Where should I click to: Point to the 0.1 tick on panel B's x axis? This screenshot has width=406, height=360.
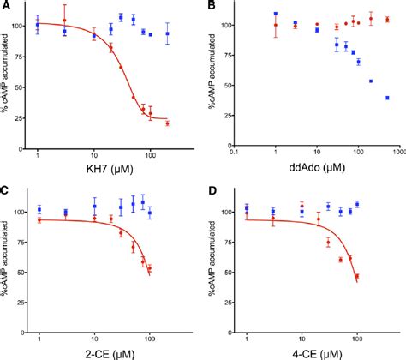click(x=233, y=154)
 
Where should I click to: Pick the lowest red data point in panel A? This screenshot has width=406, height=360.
click(x=167, y=123)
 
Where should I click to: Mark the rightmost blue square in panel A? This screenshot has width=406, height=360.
click(x=168, y=34)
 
